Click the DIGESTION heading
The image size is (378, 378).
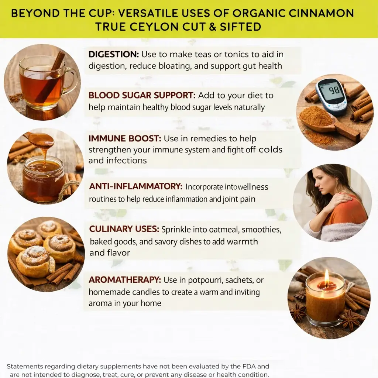tap(114, 54)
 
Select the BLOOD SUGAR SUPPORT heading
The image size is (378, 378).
tap(142, 95)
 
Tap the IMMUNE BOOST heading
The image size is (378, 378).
tap(125, 138)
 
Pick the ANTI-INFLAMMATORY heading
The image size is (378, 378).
tap(136, 186)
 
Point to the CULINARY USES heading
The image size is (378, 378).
tap(124, 229)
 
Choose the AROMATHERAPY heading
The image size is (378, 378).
tap(125, 280)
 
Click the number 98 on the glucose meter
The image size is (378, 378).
tap(334, 90)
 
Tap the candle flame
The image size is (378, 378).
tap(327, 276)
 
